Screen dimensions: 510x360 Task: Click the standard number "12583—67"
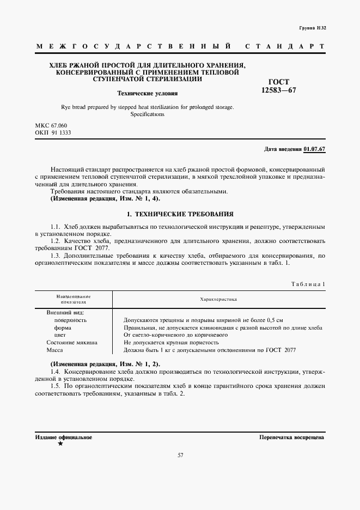[279, 90]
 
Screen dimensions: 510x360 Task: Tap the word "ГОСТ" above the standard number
[279, 82]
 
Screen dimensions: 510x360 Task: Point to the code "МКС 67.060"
[51, 125]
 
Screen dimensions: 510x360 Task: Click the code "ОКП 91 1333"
[53, 132]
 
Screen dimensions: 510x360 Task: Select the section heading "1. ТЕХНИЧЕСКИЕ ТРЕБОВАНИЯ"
[180, 214]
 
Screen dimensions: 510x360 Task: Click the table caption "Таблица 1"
[308, 283]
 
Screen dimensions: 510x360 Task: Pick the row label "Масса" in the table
[55, 350]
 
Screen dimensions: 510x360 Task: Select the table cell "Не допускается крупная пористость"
[171, 343]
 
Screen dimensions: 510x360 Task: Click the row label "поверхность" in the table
[70, 320]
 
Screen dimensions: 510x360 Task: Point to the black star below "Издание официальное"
[60, 445]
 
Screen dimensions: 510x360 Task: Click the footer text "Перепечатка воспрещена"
[292, 437]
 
